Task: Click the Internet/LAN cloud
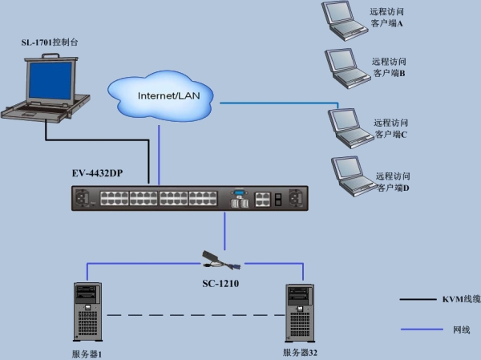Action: pyautogui.click(x=160, y=95)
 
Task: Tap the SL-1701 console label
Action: pyautogui.click(x=50, y=42)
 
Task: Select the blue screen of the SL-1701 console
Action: pyautogui.click(x=50, y=80)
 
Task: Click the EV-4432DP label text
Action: pyautogui.click(x=97, y=173)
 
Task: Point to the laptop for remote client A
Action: pyautogui.click(x=343, y=21)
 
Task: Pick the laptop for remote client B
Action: pyautogui.click(x=346, y=69)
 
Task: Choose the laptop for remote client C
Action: pyautogui.click(x=350, y=128)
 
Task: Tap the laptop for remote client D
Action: pyautogui.click(x=353, y=176)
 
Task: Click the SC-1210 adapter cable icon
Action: pyautogui.click(x=221, y=261)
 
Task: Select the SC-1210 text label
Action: pyautogui.click(x=220, y=284)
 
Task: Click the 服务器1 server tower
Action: pyautogui.click(x=87, y=312)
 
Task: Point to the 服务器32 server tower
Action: pyautogui.click(x=300, y=313)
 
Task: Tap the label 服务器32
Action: pyautogui.click(x=300, y=353)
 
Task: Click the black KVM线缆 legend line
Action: pyautogui.click(x=418, y=299)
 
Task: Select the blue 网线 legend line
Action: pyautogui.click(x=422, y=330)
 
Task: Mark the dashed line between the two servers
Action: pyautogui.click(x=196, y=315)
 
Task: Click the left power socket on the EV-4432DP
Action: pyautogui.click(x=82, y=197)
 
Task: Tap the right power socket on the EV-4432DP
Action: pyautogui.click(x=296, y=197)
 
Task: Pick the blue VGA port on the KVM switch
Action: pyautogui.click(x=239, y=192)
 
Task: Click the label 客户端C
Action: pyautogui.click(x=391, y=135)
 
